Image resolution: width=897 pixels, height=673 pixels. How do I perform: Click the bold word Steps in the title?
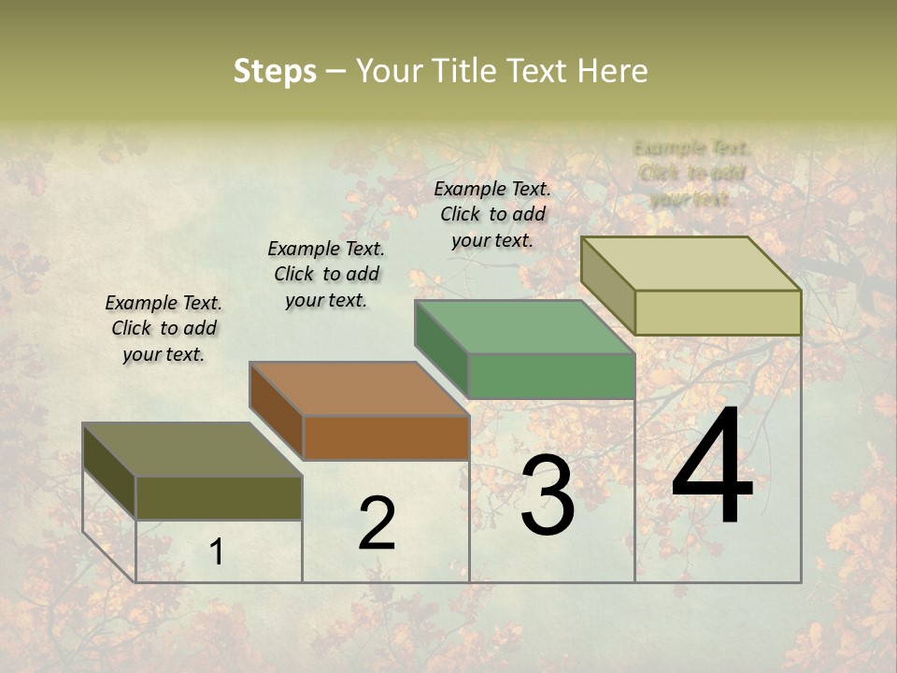[x=275, y=71]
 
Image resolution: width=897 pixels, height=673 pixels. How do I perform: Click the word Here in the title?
[x=612, y=71]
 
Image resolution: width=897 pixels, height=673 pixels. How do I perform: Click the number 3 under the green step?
[x=548, y=495]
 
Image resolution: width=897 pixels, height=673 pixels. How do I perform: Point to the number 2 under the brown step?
[x=377, y=523]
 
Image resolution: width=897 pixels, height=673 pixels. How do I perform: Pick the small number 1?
[x=216, y=552]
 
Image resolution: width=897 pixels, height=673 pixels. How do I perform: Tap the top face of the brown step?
[x=360, y=389]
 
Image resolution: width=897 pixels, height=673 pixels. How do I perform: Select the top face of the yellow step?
[x=691, y=264]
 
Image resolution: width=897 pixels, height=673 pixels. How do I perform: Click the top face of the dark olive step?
[x=192, y=450]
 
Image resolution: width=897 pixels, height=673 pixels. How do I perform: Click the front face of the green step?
[x=551, y=377]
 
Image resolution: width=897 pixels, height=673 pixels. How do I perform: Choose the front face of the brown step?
[x=386, y=437]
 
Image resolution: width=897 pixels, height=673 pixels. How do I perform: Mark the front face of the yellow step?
[x=718, y=312]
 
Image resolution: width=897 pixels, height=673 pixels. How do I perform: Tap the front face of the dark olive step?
[x=219, y=497]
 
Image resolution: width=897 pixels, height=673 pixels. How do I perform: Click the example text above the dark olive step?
[x=164, y=328]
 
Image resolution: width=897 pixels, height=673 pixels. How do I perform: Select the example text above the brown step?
[x=326, y=274]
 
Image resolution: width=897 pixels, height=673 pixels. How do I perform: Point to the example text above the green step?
[x=492, y=214]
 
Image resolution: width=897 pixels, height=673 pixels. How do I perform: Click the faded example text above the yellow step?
[x=691, y=173]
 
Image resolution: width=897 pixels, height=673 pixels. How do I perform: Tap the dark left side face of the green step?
[x=441, y=348]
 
